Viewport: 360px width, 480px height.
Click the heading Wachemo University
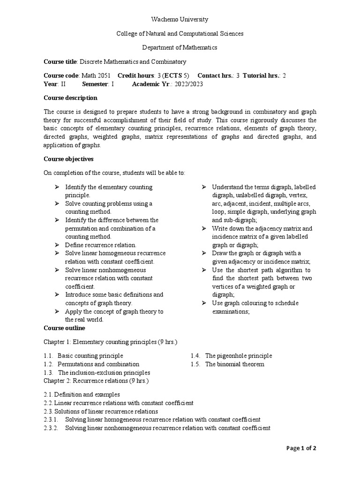180,19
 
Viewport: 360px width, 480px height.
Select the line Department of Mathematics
180,47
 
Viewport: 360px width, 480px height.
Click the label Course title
60,61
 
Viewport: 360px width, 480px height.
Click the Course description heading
70,98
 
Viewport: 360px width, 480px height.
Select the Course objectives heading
68,159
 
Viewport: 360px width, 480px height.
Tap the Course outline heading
64,328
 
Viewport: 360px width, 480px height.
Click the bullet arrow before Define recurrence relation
57,245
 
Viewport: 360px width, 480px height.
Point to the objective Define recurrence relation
100,245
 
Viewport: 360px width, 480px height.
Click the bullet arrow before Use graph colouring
204,303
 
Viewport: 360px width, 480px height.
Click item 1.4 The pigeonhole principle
231,356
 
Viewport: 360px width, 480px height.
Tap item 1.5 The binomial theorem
227,364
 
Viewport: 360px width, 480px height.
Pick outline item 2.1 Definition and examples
82,394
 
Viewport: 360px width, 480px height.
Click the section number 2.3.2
51,428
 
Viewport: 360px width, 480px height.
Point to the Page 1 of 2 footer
301,448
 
